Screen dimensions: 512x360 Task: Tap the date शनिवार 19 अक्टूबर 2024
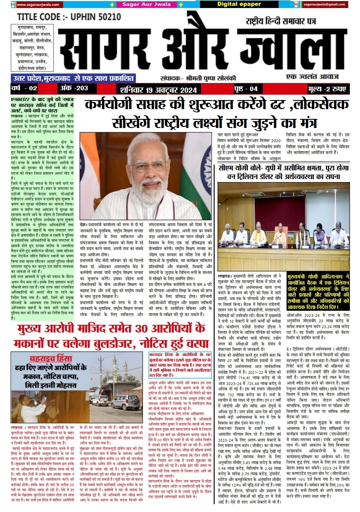(158, 90)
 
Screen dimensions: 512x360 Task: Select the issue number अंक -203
(74, 88)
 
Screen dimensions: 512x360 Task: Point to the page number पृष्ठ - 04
(246, 89)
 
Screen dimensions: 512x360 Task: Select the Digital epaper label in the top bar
(239, 4)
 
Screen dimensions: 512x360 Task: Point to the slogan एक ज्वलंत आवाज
(312, 77)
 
